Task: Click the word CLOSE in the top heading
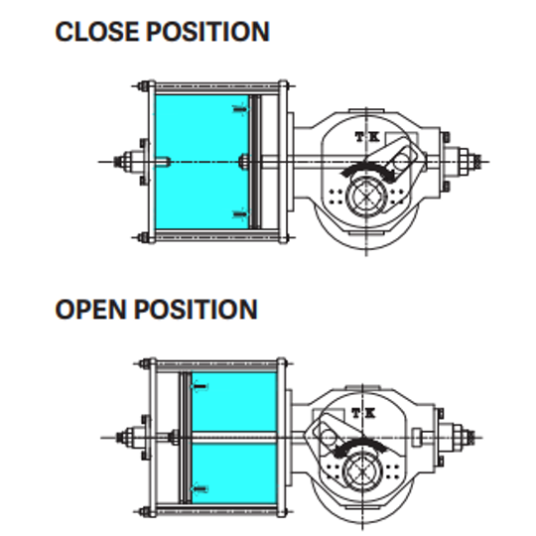coord(97,32)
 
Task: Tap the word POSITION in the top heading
coord(207,32)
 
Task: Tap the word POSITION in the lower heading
coord(196,310)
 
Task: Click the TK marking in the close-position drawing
coord(367,137)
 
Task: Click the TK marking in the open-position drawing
coord(363,413)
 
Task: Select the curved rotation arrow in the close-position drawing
coord(367,168)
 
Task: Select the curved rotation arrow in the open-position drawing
coord(360,445)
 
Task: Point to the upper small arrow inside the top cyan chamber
coord(240,109)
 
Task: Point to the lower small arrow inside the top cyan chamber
coord(240,214)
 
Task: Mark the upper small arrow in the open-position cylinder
coord(201,387)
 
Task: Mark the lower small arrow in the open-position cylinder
coord(201,489)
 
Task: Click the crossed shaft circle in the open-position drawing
coord(361,471)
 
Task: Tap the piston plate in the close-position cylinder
coord(254,162)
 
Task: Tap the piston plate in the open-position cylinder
coord(186,438)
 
